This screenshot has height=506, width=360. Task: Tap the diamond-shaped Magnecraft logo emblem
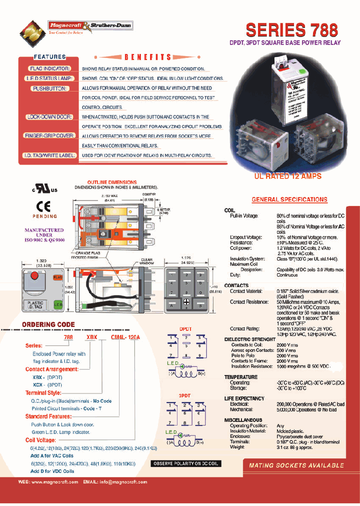coord(31,33)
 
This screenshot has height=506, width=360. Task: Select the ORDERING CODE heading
coord(48,324)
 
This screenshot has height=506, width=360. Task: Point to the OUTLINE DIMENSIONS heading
coord(112,182)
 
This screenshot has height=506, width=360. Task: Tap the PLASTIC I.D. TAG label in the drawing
coord(34,305)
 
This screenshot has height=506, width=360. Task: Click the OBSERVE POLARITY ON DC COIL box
coord(185,463)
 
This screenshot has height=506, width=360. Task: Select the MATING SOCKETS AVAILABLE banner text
coord(296,465)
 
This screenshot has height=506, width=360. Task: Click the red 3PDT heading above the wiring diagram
coord(185,395)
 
